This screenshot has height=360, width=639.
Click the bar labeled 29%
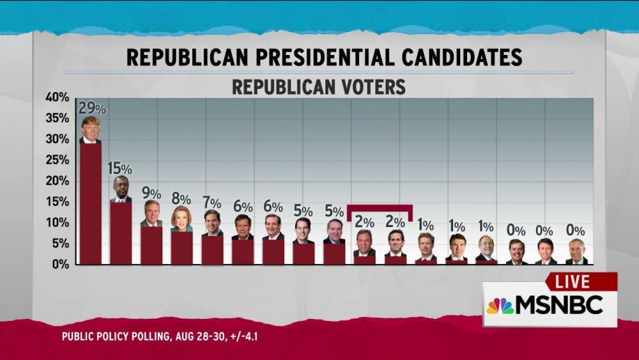[90, 203]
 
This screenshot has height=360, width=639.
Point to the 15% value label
[119, 169]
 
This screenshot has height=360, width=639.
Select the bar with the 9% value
[151, 246]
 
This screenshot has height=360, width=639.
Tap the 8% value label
[181, 199]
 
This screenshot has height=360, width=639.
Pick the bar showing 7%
[212, 249]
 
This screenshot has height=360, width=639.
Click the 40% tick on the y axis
[57, 97]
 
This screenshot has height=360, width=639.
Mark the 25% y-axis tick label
[57, 160]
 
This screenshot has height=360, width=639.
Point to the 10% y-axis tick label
[57, 223]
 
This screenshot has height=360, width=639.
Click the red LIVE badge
[581, 282]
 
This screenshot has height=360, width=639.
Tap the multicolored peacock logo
[500, 306]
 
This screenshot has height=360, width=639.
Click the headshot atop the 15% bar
[121, 189]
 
